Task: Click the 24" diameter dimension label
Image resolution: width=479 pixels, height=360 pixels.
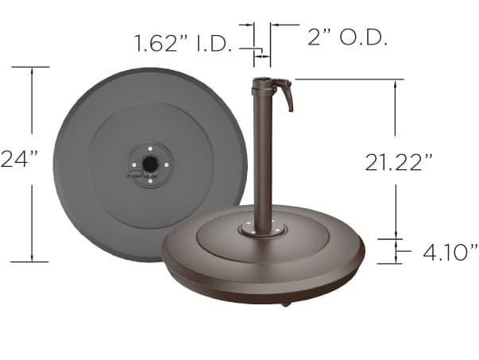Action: point(19,159)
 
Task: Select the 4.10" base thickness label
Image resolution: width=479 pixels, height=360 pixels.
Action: point(450,253)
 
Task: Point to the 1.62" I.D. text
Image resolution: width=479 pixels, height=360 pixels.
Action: point(183,42)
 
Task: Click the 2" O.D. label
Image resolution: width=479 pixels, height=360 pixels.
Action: point(346,37)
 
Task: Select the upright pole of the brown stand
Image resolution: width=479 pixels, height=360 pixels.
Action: point(261,159)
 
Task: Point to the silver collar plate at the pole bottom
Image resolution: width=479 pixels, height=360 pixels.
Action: point(262,230)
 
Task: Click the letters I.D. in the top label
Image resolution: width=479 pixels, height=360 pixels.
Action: point(214,42)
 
